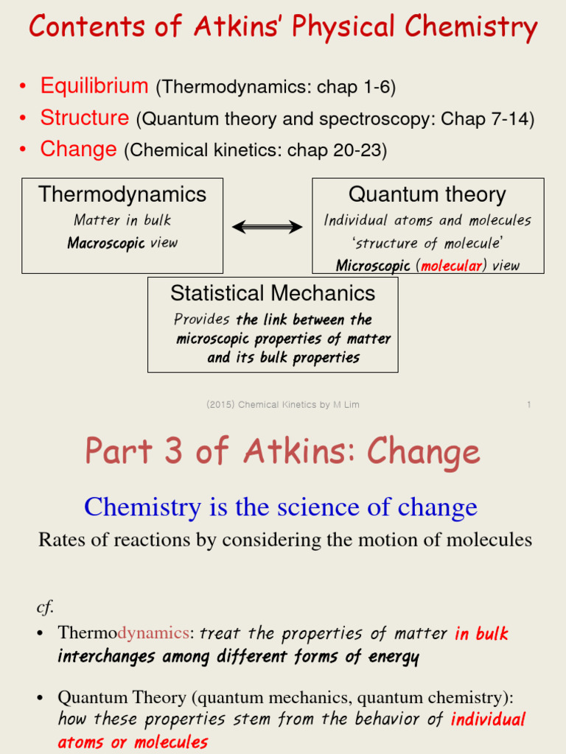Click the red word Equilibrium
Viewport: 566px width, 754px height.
click(94, 86)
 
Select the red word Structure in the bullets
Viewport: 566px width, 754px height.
click(85, 118)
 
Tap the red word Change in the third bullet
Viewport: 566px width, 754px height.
click(78, 149)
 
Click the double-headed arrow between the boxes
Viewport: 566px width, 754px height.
click(268, 227)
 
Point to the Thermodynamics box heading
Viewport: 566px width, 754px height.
click(122, 194)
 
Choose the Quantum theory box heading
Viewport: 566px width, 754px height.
click(427, 194)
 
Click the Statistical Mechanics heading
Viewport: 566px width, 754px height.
click(273, 293)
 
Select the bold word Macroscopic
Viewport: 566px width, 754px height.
click(106, 243)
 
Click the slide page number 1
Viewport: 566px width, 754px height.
click(529, 405)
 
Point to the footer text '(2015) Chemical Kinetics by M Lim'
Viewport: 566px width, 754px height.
click(283, 405)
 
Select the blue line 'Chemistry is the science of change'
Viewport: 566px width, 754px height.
click(281, 507)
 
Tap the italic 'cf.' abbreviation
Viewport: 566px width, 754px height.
click(46, 607)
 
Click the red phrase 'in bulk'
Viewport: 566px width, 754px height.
click(481, 633)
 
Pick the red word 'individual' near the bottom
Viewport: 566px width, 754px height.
click(489, 719)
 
